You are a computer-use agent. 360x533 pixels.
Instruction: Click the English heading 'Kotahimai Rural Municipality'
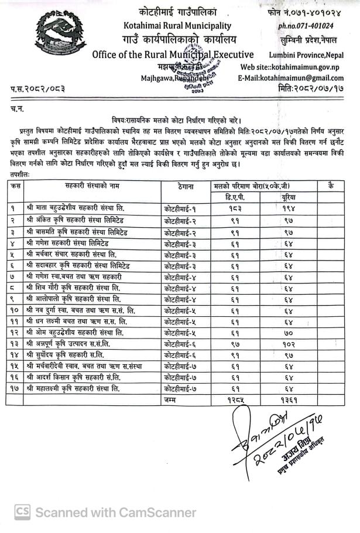click(177, 26)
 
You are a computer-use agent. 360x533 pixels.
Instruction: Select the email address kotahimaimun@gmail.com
click(299, 78)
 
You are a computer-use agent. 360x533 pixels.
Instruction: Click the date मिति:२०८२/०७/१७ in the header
click(313, 89)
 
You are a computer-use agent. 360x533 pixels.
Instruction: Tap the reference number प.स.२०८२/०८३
click(37, 90)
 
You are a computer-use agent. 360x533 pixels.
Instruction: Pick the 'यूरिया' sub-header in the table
click(287, 197)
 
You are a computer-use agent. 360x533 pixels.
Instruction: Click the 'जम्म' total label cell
click(171, 399)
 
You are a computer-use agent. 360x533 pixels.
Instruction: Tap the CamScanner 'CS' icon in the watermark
click(23, 512)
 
